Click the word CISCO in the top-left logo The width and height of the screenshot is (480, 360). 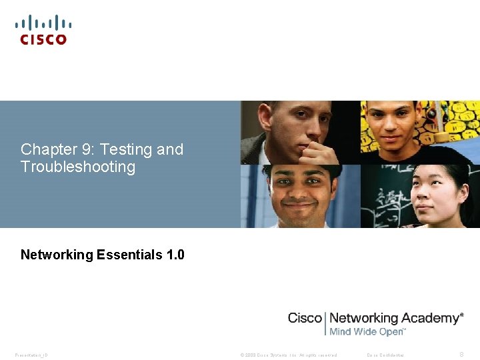[43, 39]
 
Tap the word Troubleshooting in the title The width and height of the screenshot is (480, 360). [78, 167]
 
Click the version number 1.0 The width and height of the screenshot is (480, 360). [175, 255]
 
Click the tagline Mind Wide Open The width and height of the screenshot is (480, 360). [367, 331]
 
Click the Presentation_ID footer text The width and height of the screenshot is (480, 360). [31, 355]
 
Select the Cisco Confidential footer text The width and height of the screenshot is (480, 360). [385, 355]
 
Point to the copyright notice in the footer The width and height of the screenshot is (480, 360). [288, 355]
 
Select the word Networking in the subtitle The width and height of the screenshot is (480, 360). [57, 255]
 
